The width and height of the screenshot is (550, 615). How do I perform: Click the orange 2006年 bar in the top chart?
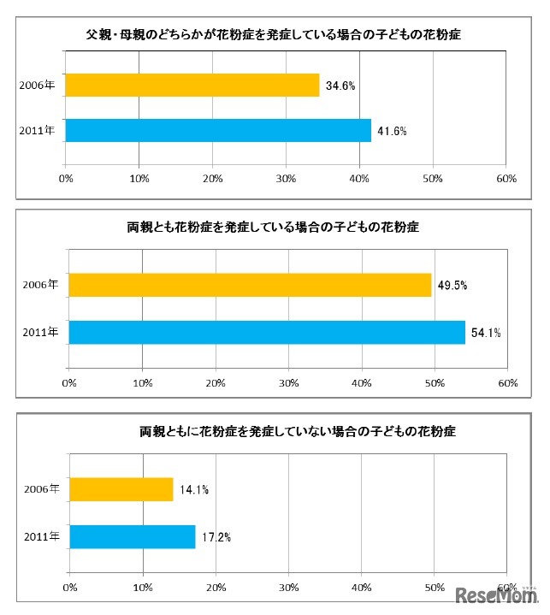coord(192,85)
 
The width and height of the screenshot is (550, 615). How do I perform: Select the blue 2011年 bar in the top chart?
coord(218,130)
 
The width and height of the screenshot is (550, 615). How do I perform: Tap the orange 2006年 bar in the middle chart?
coord(250,285)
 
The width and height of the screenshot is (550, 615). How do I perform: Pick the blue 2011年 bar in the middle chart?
coord(267,332)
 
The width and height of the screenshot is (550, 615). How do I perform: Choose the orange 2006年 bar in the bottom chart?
coord(121,489)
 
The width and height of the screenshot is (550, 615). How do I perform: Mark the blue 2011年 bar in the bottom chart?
coord(132,536)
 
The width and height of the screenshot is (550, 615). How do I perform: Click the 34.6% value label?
coord(340,86)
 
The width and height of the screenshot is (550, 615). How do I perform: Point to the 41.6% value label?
coord(393,131)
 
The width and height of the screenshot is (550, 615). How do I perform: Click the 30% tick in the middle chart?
coord(289,382)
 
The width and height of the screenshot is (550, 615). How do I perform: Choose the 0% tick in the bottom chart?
coord(70,588)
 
